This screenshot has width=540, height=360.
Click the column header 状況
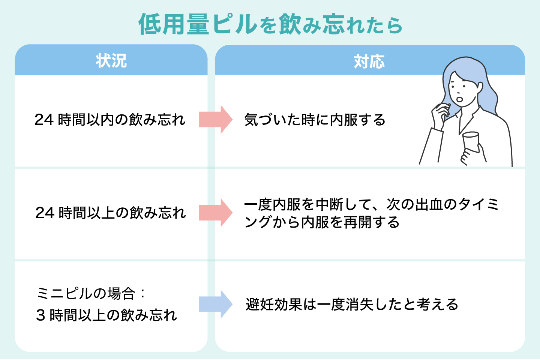tap(111, 61)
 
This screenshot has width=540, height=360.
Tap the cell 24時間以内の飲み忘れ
tap(110, 120)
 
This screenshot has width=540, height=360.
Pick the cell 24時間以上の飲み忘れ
tap(111, 213)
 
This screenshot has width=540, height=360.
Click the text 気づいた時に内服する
tap(315, 120)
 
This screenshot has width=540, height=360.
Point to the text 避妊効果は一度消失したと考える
tap(352, 304)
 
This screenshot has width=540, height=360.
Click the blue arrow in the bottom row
tap(216, 304)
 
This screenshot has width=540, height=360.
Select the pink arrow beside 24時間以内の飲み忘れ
tap(216, 119)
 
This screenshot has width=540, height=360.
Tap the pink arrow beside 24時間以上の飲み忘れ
tap(216, 213)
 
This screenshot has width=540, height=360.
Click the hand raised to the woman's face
tap(440, 114)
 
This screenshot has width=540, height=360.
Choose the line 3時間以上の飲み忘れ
tap(106, 315)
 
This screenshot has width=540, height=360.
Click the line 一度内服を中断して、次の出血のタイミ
tap(371, 204)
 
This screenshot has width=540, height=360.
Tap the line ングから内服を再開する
tap(322, 222)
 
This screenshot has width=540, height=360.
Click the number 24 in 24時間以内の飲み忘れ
tap(44, 120)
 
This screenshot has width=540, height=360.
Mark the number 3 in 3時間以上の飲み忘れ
tap(40, 315)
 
